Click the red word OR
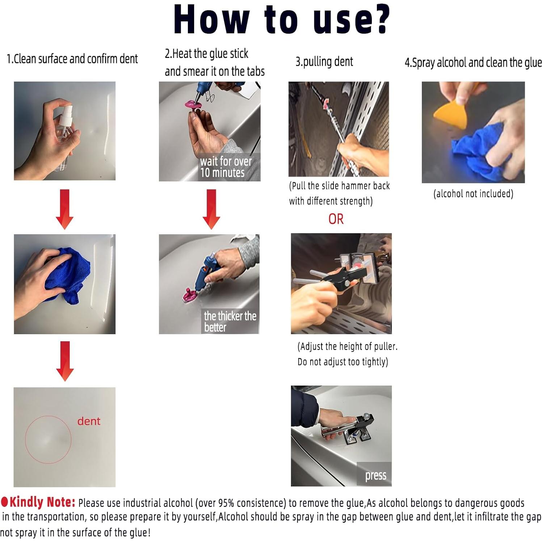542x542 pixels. tap(336, 219)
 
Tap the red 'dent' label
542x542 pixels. tap(89, 421)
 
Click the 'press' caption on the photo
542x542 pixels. tap(375, 475)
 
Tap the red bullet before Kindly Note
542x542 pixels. tap(4, 501)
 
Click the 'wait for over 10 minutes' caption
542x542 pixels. tap(226, 167)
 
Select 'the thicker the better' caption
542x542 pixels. tap(230, 321)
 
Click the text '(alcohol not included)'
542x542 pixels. tap(473, 194)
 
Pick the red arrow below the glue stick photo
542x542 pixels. tap(211, 209)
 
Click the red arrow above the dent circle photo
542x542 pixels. tap(65, 361)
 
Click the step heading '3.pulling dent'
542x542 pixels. tap(324, 62)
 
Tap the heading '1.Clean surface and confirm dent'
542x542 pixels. tap(72, 59)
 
